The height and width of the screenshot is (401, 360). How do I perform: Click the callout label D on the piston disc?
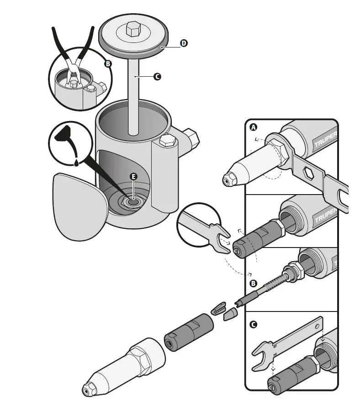coord(183,43)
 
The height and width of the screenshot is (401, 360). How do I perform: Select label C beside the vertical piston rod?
coord(157,77)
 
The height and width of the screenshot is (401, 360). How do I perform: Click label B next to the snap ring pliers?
coord(108,64)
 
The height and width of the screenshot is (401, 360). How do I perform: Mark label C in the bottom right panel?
coord(254,325)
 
